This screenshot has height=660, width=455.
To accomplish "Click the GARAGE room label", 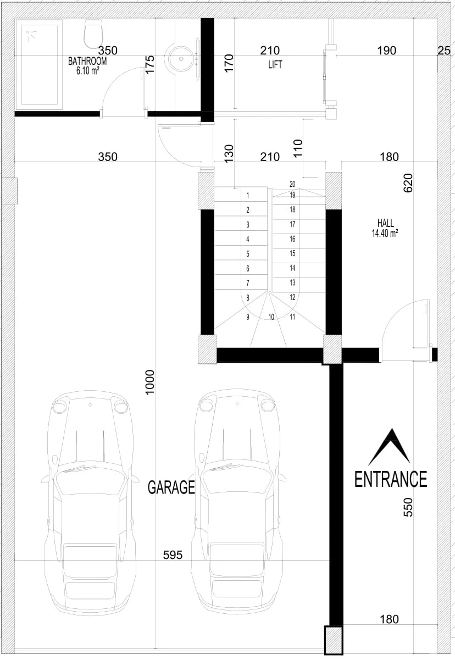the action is point(171,487).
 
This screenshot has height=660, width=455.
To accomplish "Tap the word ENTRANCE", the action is point(391,479).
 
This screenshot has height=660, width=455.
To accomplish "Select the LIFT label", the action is point(275,64).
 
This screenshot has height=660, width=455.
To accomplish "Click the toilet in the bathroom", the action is point(93,34).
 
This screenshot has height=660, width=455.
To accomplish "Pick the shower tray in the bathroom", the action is point(39,64).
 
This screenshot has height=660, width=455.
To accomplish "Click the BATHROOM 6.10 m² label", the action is point(87,66).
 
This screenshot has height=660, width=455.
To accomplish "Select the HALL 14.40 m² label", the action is point(385,228).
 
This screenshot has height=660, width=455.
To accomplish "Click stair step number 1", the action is point(248,195).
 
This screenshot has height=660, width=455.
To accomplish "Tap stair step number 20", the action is point(292,184).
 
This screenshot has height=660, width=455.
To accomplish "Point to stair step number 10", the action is point(271,317).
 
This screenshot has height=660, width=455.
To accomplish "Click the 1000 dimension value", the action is point(149,382).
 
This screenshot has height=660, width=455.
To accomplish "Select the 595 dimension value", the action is point(173,555).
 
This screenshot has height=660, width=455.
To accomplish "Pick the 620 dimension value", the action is point(408,183).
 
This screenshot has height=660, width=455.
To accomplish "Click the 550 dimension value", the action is point(408,507).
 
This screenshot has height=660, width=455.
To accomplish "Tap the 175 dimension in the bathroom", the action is point(149,64).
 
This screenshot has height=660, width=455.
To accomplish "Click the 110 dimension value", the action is point(298,148).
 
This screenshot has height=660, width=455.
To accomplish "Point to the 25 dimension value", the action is point(444,51).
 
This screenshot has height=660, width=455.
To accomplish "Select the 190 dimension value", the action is point(387,51).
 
